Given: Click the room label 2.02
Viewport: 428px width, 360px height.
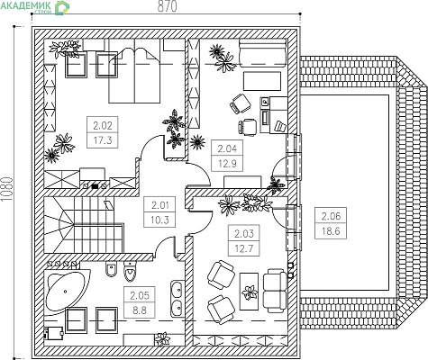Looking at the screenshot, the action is [103, 125].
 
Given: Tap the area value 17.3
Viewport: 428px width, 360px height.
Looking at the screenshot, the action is [103, 139].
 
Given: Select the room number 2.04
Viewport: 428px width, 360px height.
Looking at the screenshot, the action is [227, 148].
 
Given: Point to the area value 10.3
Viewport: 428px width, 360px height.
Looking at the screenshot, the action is [159, 220].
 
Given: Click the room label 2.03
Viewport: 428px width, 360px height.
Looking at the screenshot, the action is [244, 233].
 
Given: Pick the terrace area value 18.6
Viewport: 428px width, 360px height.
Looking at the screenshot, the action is [331, 231].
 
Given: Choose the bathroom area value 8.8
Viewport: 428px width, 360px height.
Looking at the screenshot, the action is [140, 310].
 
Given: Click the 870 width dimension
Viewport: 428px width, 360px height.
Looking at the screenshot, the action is [167, 6].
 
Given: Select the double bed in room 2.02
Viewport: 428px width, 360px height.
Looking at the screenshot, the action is [134, 71].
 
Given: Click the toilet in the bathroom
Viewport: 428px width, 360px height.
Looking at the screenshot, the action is [131, 271].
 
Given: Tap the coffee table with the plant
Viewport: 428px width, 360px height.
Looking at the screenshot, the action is [250, 292].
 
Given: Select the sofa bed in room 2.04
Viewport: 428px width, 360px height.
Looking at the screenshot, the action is [262, 53].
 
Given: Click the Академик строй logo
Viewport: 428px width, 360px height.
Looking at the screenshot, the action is [35, 6].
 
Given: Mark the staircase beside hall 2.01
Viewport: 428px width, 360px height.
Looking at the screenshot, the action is [84, 225].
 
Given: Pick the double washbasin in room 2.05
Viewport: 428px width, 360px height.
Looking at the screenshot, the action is [178, 299].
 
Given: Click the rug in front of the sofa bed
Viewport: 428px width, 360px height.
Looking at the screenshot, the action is [262, 81].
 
